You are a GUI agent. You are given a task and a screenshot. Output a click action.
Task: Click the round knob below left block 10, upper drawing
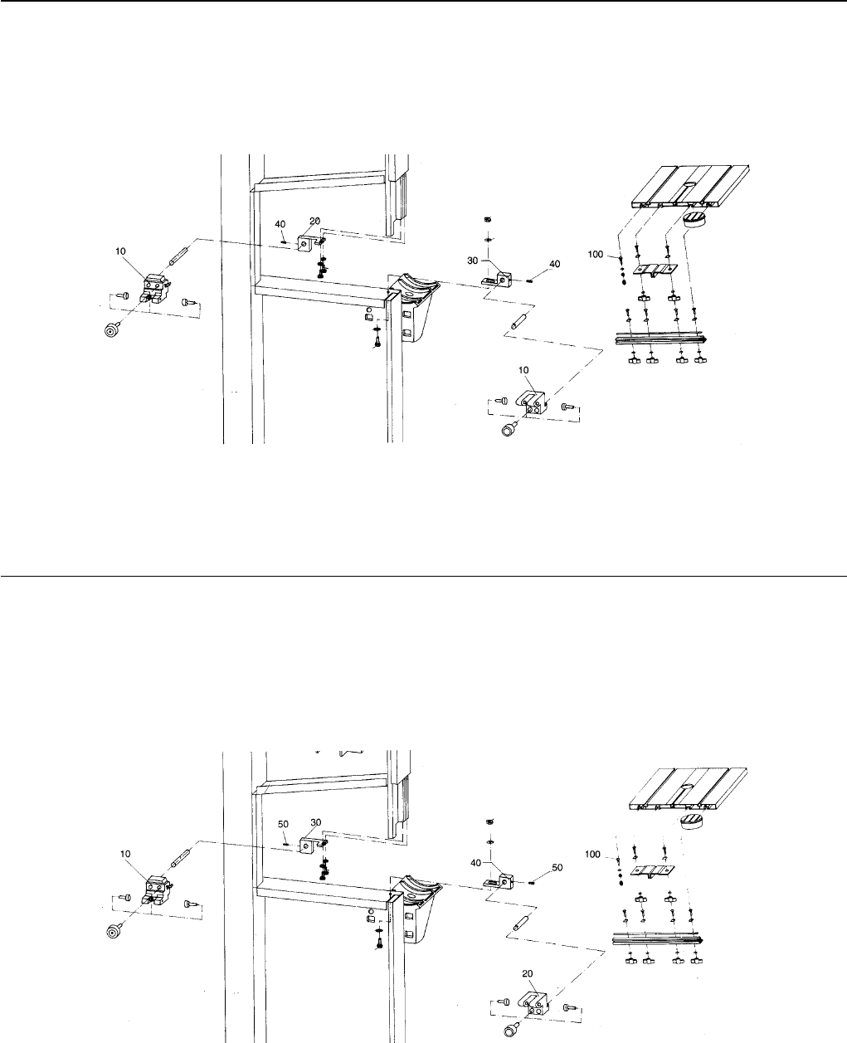click(109, 329)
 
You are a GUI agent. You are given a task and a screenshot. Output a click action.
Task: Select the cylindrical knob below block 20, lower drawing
click(508, 1031)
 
